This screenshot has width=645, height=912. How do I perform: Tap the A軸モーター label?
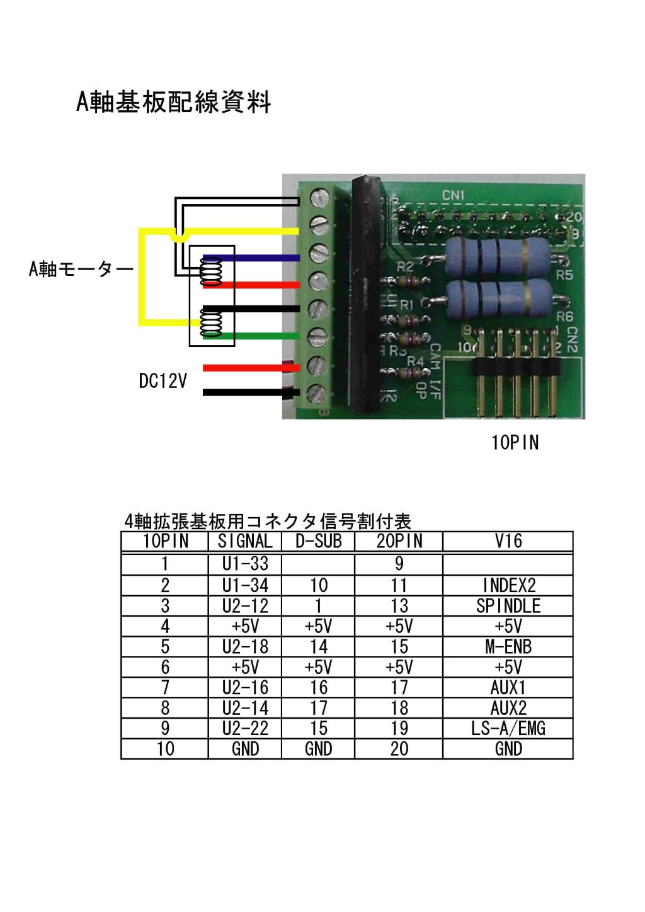pyautogui.click(x=81, y=269)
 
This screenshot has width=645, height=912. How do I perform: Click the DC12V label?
pyautogui.click(x=163, y=381)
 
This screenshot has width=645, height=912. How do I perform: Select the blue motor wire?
pyautogui.click(x=251, y=258)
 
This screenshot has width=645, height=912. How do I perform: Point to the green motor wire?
pyautogui.click(x=251, y=336)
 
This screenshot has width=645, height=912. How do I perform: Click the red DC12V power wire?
pyautogui.click(x=251, y=368)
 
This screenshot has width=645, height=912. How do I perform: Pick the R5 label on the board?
pyautogui.click(x=564, y=276)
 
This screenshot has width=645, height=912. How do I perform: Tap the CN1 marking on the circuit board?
pyautogui.click(x=454, y=195)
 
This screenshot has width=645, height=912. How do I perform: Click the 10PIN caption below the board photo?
pyautogui.click(x=515, y=443)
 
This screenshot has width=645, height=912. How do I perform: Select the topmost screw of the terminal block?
pyautogui.click(x=319, y=198)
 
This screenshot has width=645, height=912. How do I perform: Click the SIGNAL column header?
pyautogui.click(x=245, y=542)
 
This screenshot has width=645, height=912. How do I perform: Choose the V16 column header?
pyautogui.click(x=508, y=542)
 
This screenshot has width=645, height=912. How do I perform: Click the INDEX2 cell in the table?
pyautogui.click(x=509, y=586)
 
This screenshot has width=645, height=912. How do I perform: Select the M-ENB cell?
pyautogui.click(x=508, y=647)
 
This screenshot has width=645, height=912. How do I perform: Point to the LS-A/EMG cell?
pyautogui.click(x=508, y=728)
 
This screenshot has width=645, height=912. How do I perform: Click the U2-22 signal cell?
pyautogui.click(x=245, y=728)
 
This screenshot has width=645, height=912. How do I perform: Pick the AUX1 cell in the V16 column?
pyautogui.click(x=508, y=688)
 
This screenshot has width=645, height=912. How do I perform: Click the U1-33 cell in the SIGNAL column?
pyautogui.click(x=245, y=564)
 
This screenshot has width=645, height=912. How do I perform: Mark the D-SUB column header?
pyautogui.click(x=319, y=542)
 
